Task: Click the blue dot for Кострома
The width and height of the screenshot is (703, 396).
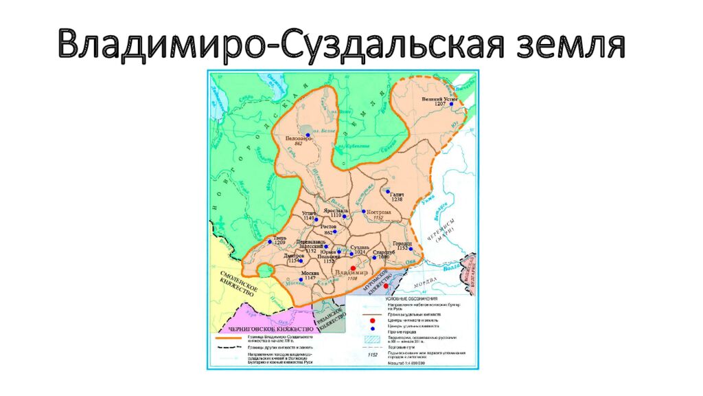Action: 364,211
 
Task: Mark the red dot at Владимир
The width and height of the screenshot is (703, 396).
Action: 353,268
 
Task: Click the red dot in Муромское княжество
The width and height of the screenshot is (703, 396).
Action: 385,285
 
